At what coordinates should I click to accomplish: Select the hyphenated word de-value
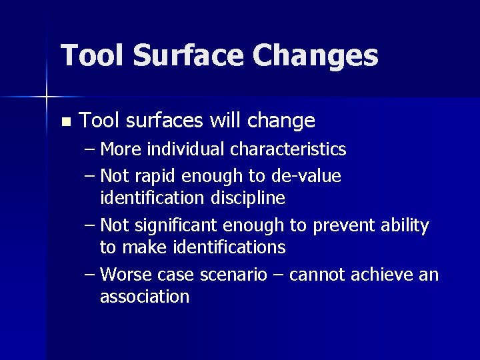click(306, 177)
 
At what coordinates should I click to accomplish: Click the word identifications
click(229, 248)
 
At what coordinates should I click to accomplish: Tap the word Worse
click(126, 275)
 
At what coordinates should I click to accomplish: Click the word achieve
click(386, 275)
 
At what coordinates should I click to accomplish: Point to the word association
click(145, 297)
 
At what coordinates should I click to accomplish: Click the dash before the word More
click(90, 149)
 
